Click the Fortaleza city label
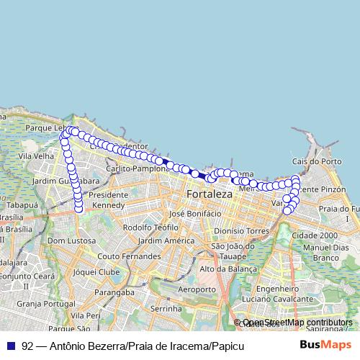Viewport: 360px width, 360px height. coord(210,194)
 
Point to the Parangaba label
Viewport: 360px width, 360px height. coord(116,292)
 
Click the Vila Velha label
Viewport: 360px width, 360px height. coord(36,156)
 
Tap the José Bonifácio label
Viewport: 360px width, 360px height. coord(192,214)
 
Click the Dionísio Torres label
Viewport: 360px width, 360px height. coord(240,230)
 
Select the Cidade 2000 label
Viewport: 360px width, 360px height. coord(315,235)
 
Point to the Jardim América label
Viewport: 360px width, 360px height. coord(161,240)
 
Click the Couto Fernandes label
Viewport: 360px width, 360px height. coord(120,256)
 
